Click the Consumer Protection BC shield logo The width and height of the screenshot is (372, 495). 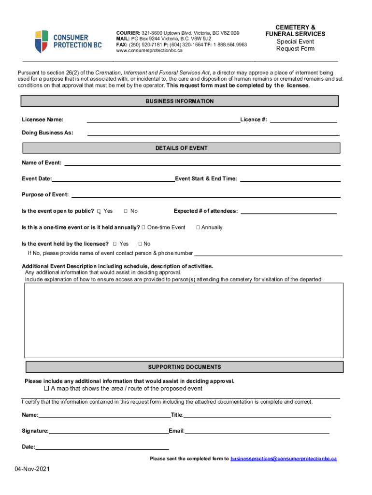pos(42,41)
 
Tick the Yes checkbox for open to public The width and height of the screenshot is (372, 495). pos(99,211)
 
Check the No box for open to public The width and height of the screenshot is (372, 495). pos(126,211)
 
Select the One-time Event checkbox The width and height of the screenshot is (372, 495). pos(143,227)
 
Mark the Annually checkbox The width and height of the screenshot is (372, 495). pos(198,227)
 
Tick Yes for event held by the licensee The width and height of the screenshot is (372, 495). pos(114,244)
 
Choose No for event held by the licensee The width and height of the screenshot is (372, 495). pos(140,244)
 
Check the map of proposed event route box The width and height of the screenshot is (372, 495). pos(47,389)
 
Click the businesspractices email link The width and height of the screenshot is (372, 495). pos(284,458)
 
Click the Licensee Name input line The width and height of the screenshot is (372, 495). pos(163,120)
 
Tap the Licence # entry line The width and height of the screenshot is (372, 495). pos(303,120)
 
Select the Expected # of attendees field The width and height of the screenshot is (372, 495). pos(288,212)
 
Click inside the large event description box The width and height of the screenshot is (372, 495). pos(184,320)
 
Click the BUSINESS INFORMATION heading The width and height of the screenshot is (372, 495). pos(179,102)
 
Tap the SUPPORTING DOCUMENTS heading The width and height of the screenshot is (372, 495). pos(184,367)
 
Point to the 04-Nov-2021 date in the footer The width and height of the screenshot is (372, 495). pos(32,469)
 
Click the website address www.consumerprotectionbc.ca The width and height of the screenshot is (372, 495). pos(149,51)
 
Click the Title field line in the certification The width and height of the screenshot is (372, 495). pos(257,416)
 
